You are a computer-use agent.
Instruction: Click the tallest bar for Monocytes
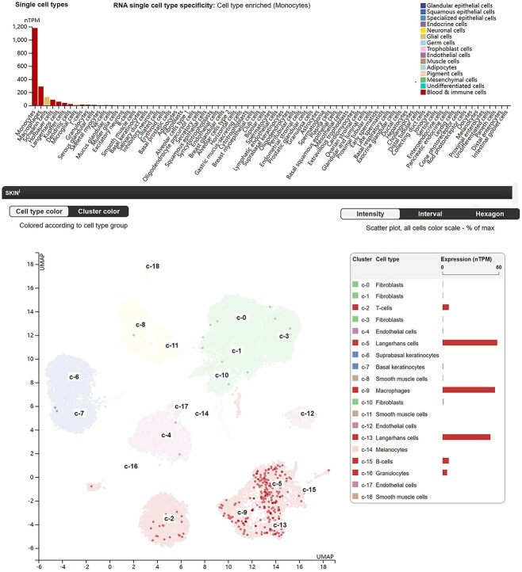tap(35, 67)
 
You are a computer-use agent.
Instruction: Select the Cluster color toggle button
tap(98, 212)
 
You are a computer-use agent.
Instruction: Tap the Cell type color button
tap(39, 212)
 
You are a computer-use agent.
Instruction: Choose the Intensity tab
tap(370, 214)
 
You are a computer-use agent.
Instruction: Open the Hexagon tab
tap(489, 214)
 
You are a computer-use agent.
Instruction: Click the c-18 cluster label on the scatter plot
tap(152, 266)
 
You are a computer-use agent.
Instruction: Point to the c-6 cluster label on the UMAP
tap(73, 376)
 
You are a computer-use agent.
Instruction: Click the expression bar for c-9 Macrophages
tap(468, 390)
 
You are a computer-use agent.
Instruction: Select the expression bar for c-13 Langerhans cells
tap(466, 437)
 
